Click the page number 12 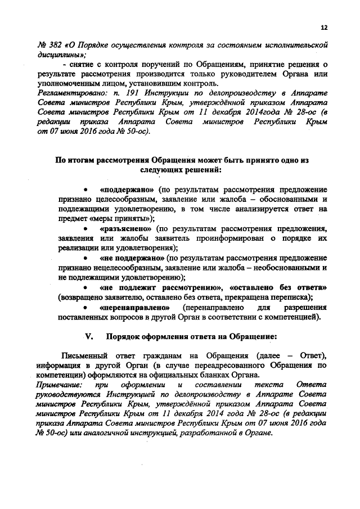coord(323,28)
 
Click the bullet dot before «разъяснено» coord(85,230)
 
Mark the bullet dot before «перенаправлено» coord(85,308)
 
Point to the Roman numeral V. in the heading coord(88,336)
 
